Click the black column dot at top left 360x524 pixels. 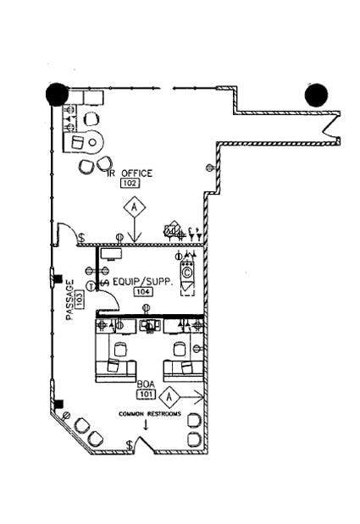(x=57, y=94)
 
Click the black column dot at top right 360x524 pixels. (x=317, y=95)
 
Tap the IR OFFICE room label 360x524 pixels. (x=130, y=173)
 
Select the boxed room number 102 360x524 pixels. (x=130, y=183)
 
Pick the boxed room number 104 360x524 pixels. (x=142, y=291)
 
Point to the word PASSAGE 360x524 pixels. (x=70, y=301)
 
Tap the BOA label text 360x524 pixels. (x=146, y=383)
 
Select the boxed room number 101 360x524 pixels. (x=146, y=394)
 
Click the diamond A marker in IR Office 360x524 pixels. (x=133, y=207)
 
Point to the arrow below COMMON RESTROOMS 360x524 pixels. (x=147, y=425)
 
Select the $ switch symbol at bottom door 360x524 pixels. (x=129, y=445)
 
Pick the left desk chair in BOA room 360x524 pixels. (x=118, y=349)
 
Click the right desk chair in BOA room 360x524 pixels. (x=180, y=349)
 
